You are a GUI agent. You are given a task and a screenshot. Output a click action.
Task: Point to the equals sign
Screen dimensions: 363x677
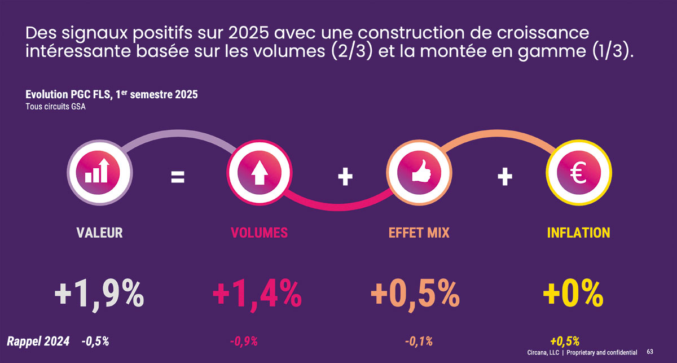pos(178,178)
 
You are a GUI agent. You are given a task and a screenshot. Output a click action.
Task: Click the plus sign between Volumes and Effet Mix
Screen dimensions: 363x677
pos(345,178)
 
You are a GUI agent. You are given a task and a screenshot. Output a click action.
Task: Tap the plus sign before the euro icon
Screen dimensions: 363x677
pos(505,178)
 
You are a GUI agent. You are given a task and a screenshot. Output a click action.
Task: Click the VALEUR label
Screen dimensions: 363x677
pos(99,233)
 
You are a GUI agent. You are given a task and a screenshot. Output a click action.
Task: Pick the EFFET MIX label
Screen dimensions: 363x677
pos(419,233)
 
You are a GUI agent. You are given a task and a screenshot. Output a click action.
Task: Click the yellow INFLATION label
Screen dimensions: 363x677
pos(578,233)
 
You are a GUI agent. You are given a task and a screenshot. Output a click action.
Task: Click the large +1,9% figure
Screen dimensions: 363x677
pos(99,294)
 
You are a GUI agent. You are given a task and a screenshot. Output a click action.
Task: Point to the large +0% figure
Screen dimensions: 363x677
pos(573,294)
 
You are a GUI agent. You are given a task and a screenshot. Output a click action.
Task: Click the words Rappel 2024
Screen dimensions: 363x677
pos(38,341)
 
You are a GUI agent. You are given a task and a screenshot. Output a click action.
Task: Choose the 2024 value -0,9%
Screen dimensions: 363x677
pos(244,341)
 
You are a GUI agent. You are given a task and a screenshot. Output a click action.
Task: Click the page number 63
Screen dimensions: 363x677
pos(650,352)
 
